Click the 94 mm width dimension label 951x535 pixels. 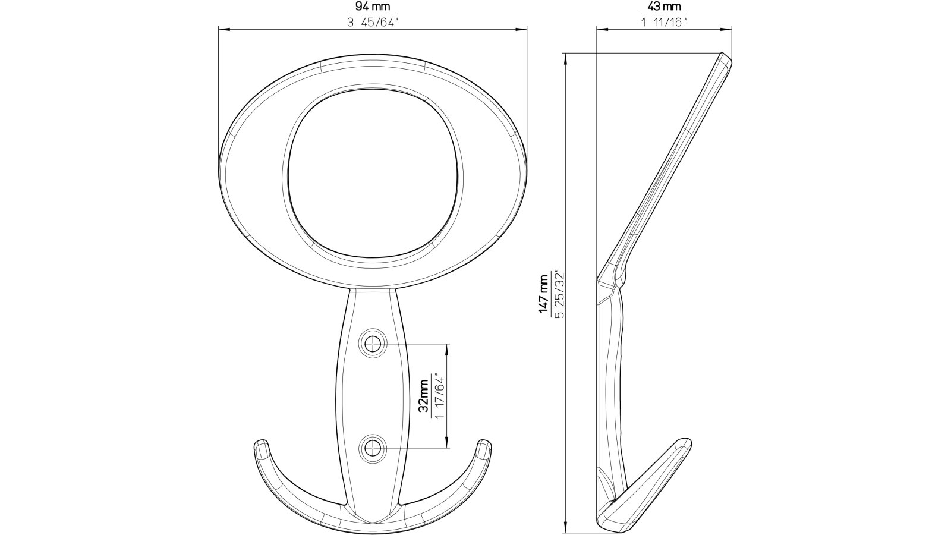[373, 8]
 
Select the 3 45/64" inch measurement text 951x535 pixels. [373, 23]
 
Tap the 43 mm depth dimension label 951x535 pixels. [663, 8]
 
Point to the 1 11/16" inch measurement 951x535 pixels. [663, 23]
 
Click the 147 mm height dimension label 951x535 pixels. [543, 292]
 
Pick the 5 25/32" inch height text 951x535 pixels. [558, 292]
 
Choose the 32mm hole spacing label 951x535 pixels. [424, 396]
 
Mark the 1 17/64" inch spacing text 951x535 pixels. [440, 396]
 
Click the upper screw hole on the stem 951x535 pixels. [373, 344]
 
